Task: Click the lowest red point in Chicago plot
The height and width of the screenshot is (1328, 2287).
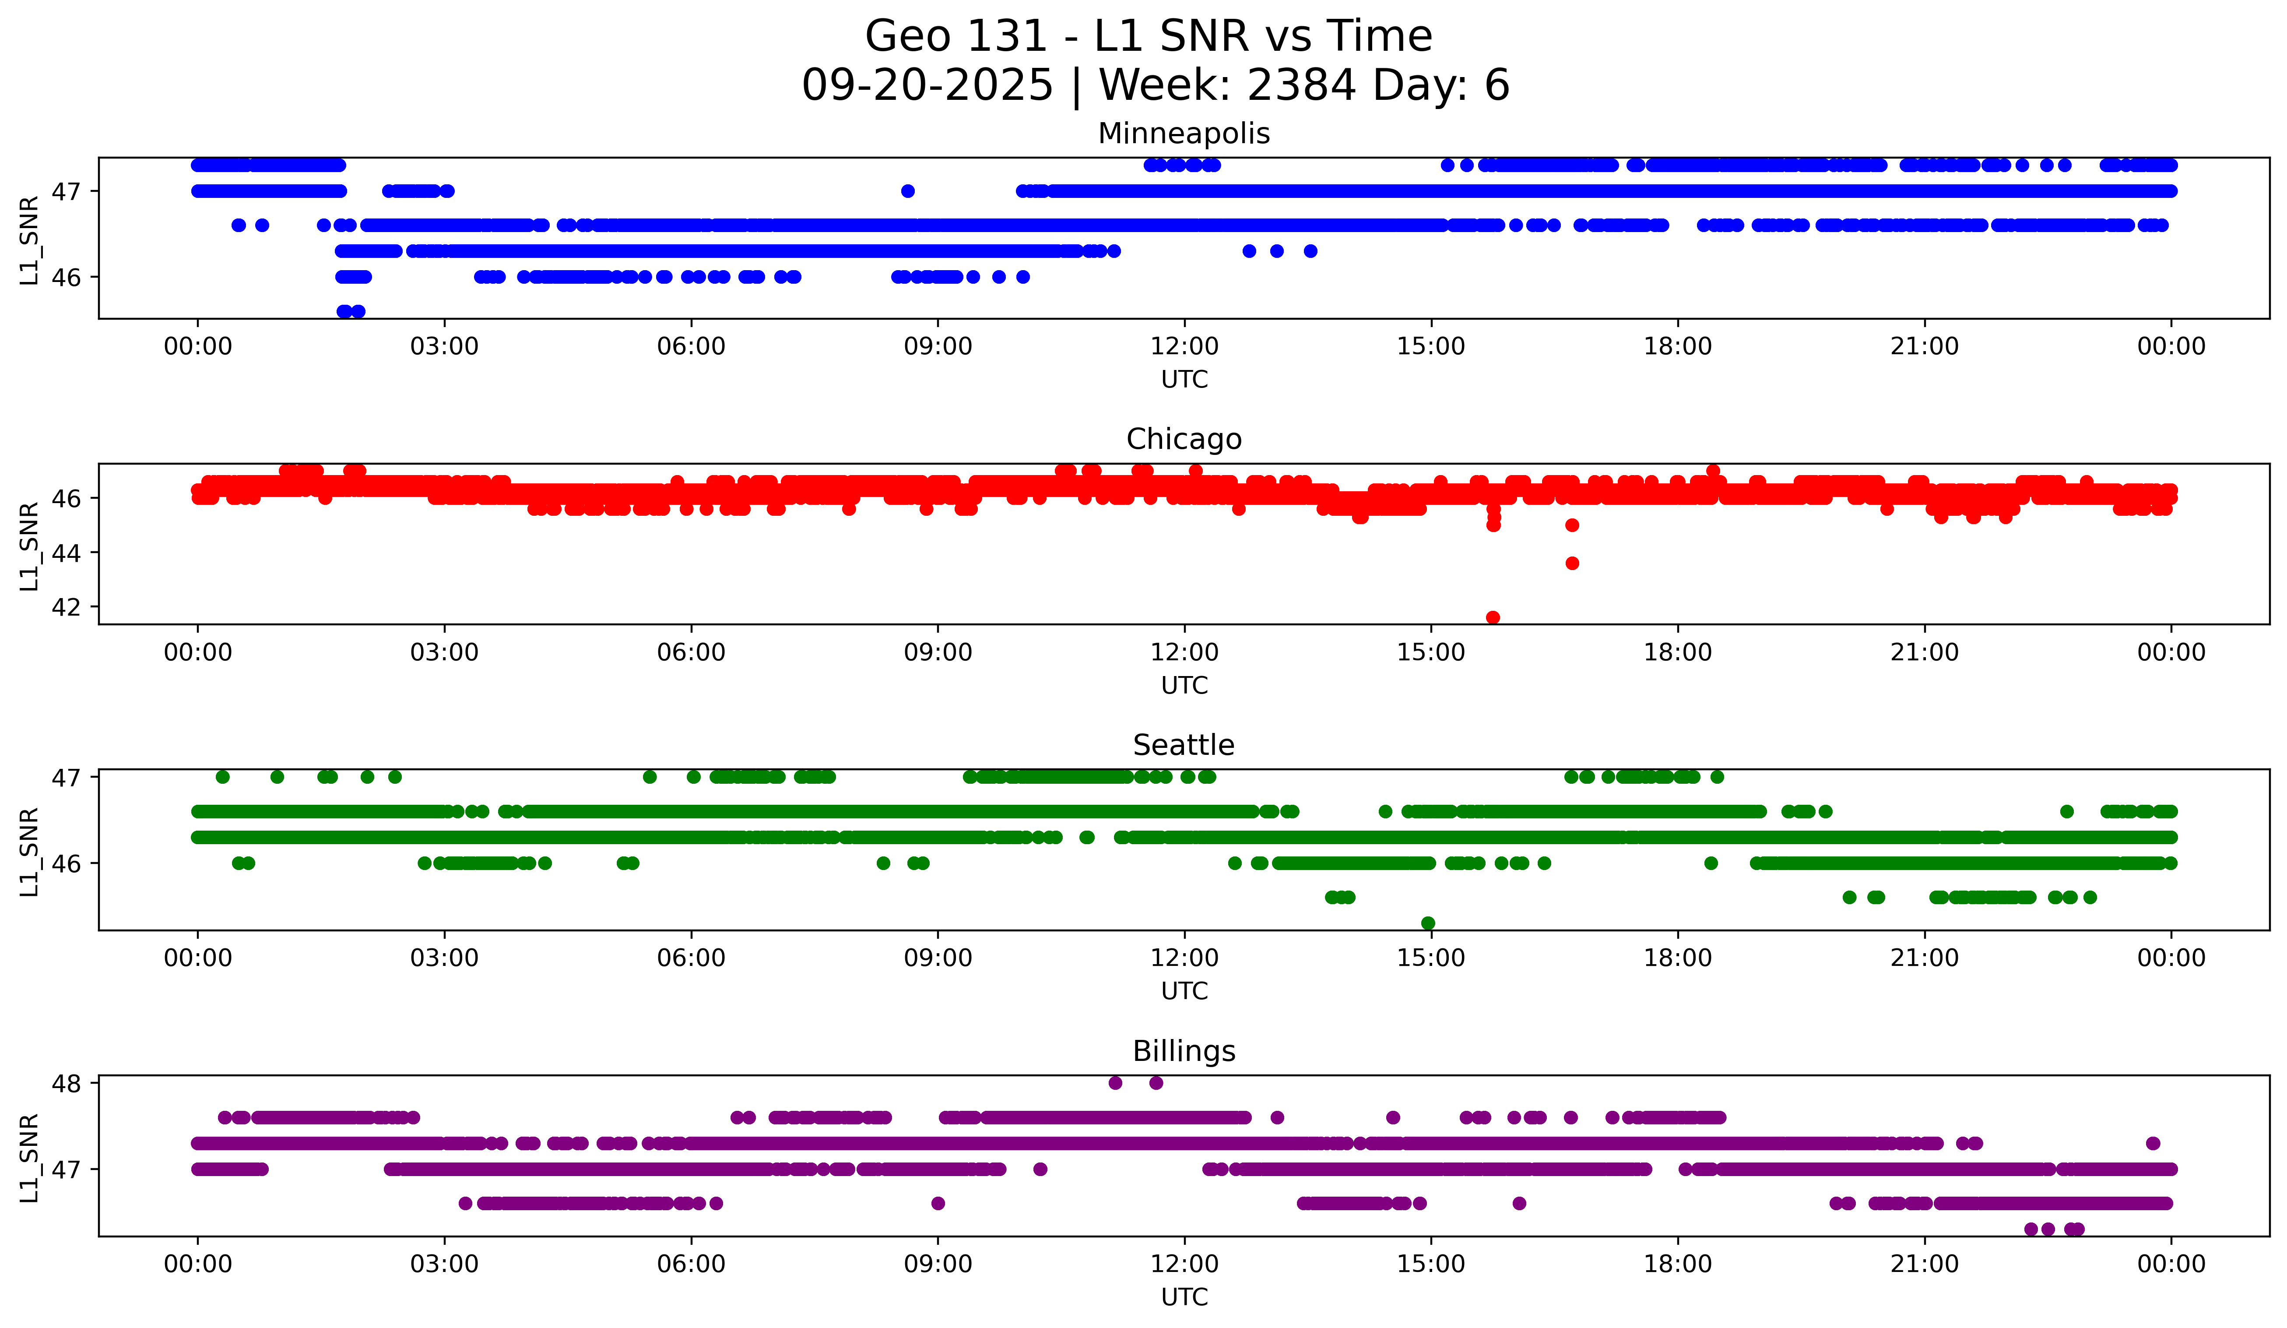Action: coord(1493,617)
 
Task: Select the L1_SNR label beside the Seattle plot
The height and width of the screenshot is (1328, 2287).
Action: coord(29,852)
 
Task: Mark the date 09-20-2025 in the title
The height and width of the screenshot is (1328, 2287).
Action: coord(927,85)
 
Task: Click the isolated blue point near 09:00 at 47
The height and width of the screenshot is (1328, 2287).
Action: coord(907,190)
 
